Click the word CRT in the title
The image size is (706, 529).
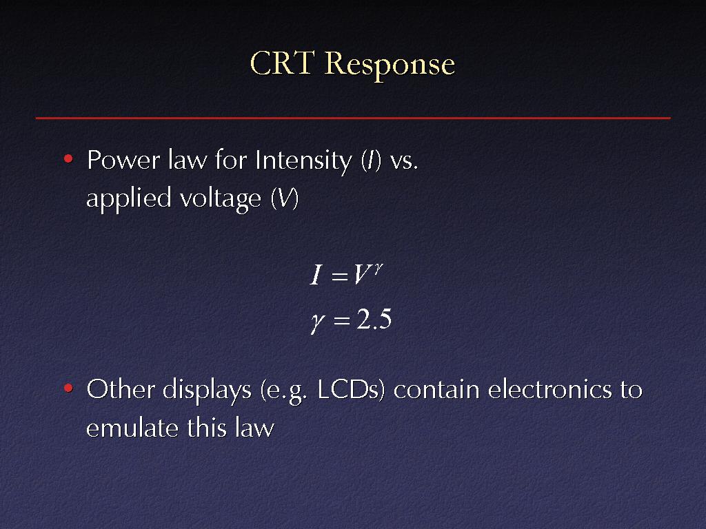pyautogui.click(x=281, y=63)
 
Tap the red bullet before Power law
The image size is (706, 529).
pyautogui.click(x=68, y=159)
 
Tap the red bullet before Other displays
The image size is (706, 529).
pyautogui.click(x=68, y=388)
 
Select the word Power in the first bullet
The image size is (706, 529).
pyautogui.click(x=123, y=160)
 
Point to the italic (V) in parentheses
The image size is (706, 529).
pyautogui.click(x=285, y=198)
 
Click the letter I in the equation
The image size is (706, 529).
pyautogui.click(x=316, y=275)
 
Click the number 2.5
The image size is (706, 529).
pyautogui.click(x=374, y=320)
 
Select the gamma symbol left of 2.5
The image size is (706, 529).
pyautogui.click(x=317, y=322)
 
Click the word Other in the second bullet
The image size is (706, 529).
pyautogui.click(x=121, y=389)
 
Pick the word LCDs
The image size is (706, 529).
pyautogui.click(x=351, y=390)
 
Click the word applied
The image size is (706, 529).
pyautogui.click(x=129, y=199)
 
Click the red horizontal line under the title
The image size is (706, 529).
pyautogui.click(x=353, y=118)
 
